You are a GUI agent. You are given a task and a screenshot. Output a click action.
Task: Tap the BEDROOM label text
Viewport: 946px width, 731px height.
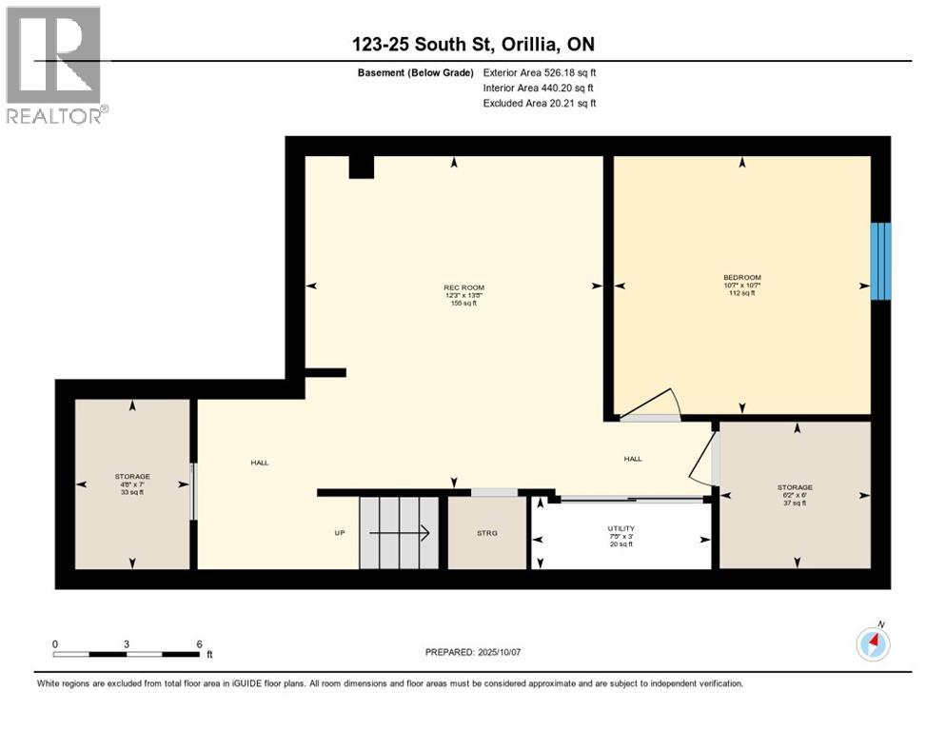pos(742,278)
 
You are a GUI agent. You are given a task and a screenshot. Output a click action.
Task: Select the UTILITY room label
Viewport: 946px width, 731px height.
pos(621,528)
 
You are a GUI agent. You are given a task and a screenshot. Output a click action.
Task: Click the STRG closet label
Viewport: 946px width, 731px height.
pos(486,533)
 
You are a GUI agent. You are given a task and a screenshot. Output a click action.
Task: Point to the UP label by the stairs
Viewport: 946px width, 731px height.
pos(339,533)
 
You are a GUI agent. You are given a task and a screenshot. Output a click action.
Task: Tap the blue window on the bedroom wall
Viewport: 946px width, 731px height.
pos(881,261)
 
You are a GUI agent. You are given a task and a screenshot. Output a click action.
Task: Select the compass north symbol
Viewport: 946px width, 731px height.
pos(873,644)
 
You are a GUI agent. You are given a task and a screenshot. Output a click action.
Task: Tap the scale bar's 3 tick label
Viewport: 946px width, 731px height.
pos(127,643)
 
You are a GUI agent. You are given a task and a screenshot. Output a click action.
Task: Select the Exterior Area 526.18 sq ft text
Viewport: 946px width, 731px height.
pos(540,72)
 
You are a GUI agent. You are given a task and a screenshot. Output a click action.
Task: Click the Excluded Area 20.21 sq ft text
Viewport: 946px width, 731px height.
pos(540,103)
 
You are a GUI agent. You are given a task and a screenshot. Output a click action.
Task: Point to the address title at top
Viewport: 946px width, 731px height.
pos(473,44)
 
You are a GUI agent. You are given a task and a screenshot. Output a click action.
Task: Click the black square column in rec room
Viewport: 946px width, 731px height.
pos(361,167)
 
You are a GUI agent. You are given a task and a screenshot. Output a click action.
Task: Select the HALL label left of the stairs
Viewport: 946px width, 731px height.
pos(259,463)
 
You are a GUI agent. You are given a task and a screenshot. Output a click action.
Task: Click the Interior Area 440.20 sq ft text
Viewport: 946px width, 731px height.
pos(540,88)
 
